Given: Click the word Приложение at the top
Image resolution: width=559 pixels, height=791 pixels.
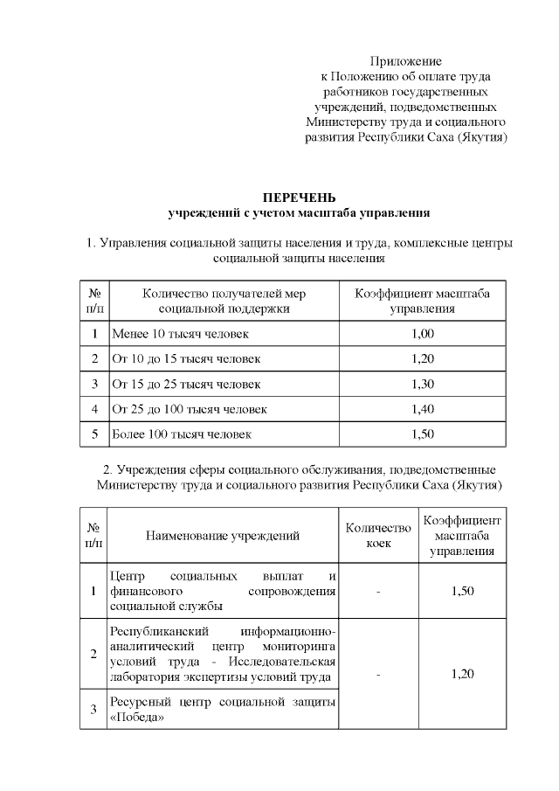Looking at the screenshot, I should point(405,61).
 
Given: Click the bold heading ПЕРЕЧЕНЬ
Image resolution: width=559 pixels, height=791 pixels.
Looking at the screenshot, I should point(300,198).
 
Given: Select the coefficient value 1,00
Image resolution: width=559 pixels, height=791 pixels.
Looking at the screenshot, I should point(422,334).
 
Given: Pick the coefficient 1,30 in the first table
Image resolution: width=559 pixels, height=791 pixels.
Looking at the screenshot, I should point(422,384).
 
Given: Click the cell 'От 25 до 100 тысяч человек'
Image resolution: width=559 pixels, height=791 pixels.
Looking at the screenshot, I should point(189,409).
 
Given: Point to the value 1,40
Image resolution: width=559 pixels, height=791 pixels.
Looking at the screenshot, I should point(422,409).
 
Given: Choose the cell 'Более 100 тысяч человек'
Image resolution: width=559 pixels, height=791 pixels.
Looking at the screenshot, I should point(182,434).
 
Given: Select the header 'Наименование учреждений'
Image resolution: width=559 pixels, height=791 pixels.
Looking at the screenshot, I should point(223,536).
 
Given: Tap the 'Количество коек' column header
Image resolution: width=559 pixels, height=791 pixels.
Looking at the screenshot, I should point(378,536).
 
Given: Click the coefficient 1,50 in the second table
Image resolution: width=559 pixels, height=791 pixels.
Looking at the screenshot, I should point(463,592).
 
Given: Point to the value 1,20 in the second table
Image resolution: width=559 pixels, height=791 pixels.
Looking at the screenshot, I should point(463,674).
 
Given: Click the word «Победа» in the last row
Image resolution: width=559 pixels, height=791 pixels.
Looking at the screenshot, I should point(138,718).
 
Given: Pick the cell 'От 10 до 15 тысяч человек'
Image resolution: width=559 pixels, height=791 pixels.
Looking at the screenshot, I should point(185,359).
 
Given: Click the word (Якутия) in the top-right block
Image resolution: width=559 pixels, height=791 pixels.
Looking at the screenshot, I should point(480,137).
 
